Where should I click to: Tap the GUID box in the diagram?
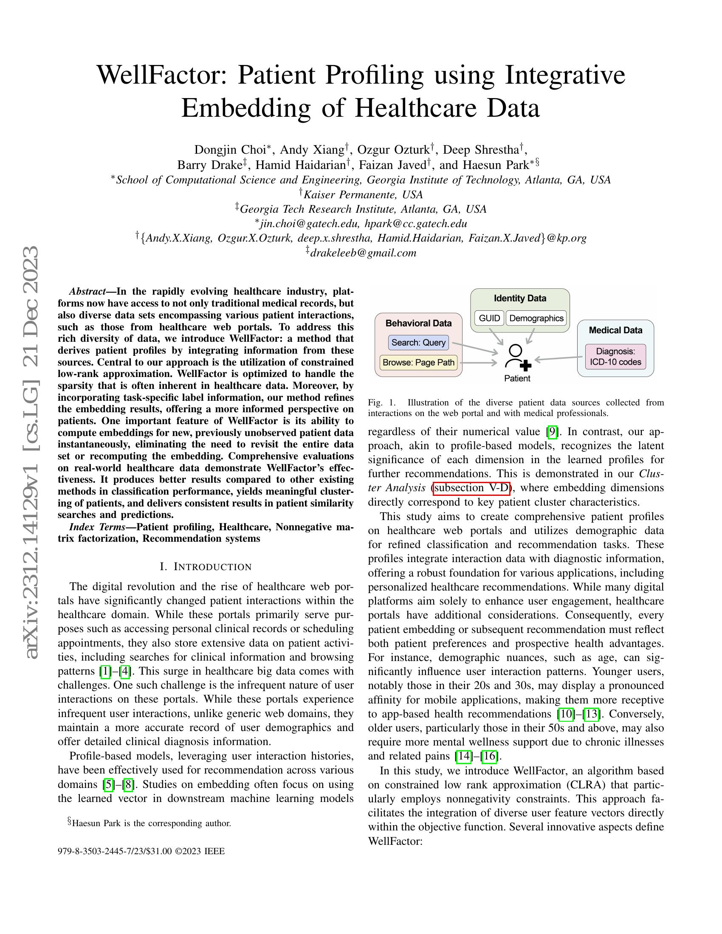(x=489, y=318)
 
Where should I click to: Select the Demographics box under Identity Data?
(x=536, y=318)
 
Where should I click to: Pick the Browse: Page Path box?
(x=418, y=363)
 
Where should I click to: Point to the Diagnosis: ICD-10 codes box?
(x=615, y=357)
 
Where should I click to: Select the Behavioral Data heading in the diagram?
(x=418, y=324)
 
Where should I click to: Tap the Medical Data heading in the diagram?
(x=615, y=330)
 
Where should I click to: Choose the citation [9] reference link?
(x=552, y=432)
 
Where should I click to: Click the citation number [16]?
(x=489, y=756)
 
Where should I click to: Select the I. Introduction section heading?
(x=206, y=567)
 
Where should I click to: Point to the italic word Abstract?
(x=87, y=292)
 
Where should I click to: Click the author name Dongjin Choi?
(x=230, y=150)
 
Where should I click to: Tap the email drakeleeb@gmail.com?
(x=363, y=253)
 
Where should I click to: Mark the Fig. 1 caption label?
(x=381, y=402)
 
